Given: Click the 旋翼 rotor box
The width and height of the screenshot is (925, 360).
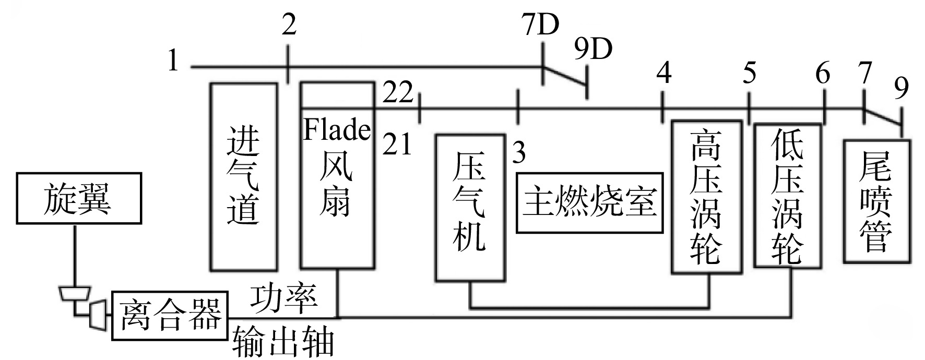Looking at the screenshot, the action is pos(79,199).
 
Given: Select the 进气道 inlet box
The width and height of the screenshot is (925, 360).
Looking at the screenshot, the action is pos(244,176).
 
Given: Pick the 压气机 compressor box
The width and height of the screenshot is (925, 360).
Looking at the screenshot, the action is pos(470,208).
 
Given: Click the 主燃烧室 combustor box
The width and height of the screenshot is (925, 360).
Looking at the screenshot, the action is pos(590,202).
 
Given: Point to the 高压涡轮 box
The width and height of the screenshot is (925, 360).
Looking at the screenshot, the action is pos(706,197).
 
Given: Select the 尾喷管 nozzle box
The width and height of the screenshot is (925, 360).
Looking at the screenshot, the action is pos(877,201).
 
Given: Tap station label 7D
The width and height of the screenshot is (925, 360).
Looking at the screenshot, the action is pos(540,25).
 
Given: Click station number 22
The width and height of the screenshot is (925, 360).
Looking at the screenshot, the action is pos(398,93).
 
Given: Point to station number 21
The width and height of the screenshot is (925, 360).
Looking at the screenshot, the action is pos(397,144).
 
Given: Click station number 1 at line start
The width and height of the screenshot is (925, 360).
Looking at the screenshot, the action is pos(173,61).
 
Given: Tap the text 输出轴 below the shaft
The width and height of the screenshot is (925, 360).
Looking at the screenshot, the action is pos(283,342).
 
